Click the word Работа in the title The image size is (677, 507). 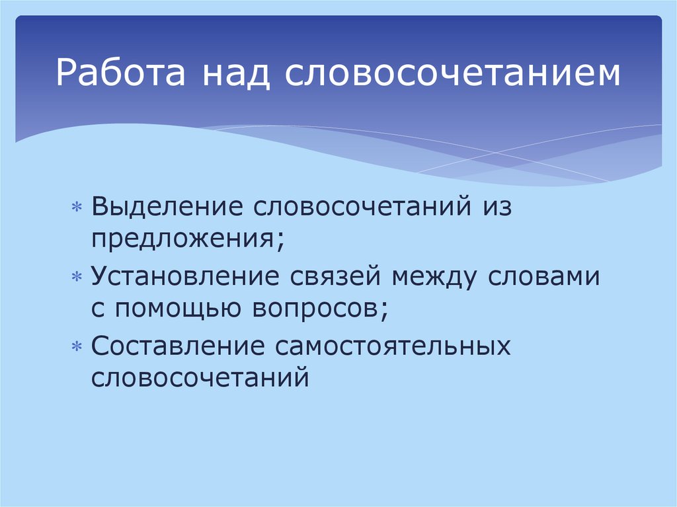point(116,74)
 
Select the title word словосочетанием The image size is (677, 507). point(453,74)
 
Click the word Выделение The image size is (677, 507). point(168,206)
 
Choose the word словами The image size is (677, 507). point(544,276)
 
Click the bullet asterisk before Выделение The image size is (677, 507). point(77,208)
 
